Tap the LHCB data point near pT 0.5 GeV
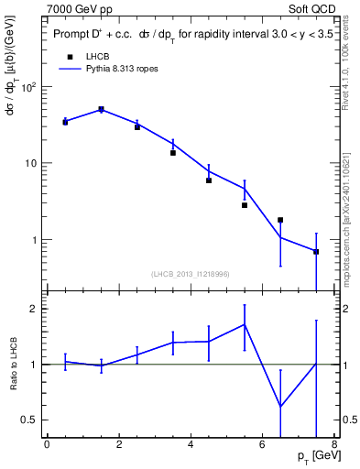coord(65,122)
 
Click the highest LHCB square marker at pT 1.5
coord(101,110)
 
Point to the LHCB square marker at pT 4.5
coord(209,180)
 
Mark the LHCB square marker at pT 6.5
coord(280,220)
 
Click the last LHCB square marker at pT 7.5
coord(316,251)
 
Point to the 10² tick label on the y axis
coord(28,86)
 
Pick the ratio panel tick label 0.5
coord(29,420)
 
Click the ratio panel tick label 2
coord(34,309)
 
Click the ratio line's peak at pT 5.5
coord(245,323)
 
